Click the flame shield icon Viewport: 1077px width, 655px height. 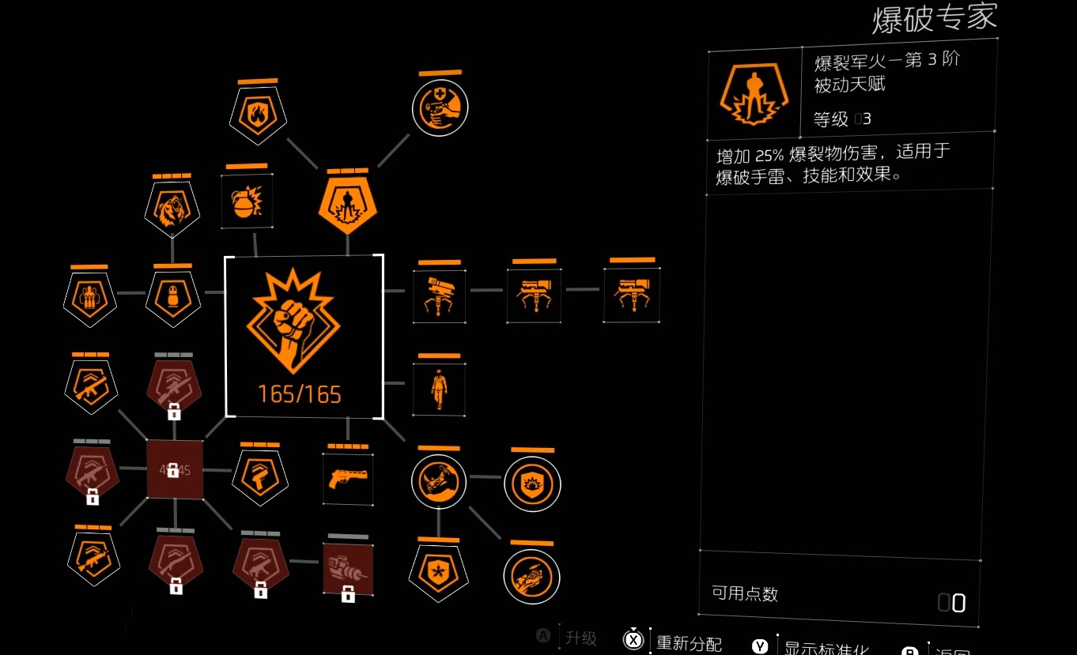[259, 116]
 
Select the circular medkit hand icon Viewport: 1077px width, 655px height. [440, 107]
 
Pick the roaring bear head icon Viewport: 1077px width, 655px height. [172, 209]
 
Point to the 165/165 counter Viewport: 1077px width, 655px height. [300, 393]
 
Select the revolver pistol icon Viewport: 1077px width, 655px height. [348, 479]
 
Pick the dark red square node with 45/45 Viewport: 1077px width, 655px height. [175, 470]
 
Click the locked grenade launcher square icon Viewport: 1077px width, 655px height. [348, 569]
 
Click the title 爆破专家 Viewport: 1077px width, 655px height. [934, 19]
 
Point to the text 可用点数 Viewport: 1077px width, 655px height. [745, 594]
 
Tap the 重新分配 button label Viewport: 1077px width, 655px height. [689, 644]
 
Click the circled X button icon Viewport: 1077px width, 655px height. [633, 641]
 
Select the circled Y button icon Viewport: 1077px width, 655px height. [760, 646]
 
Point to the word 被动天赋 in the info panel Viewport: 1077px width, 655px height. [849, 84]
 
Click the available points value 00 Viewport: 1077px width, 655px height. [951, 604]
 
